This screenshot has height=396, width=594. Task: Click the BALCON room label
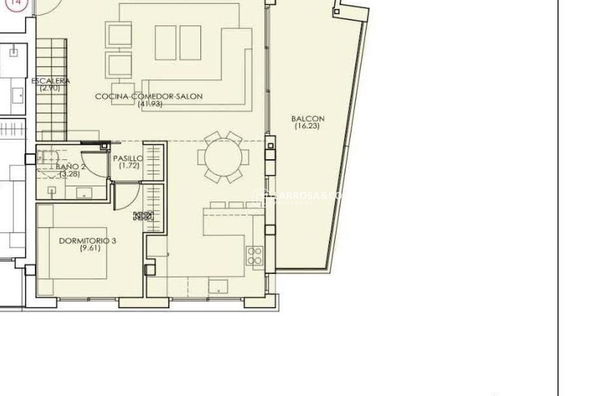(308, 118)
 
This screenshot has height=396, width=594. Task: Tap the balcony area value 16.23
(307, 126)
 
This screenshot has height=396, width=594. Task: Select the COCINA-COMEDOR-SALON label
(149, 96)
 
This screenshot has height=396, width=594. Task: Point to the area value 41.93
(150, 104)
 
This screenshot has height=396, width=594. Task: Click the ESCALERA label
(51, 81)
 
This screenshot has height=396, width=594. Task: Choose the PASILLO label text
(128, 158)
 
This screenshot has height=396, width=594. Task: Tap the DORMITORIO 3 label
(88, 241)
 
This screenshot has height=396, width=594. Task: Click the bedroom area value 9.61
(90, 248)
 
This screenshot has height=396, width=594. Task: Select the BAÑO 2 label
(71, 166)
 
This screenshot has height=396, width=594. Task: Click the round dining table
(223, 157)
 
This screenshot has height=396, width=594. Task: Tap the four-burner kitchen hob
(255, 256)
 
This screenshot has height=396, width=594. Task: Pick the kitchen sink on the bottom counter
(218, 286)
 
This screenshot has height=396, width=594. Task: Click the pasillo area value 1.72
(129, 166)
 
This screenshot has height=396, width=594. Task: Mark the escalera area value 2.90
(50, 88)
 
